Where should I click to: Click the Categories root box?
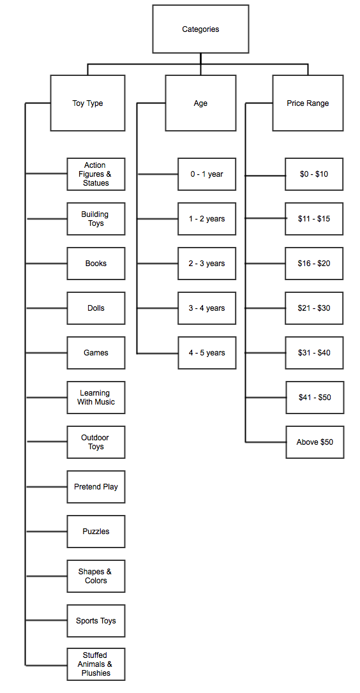coord(200,29)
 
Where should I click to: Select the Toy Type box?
coord(87,103)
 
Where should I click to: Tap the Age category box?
coord(200,103)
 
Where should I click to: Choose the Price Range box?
coord(308,103)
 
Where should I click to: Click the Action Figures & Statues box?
coord(96,174)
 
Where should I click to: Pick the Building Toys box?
coord(96,219)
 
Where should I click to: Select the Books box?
coord(96,264)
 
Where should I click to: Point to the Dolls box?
coord(96,308)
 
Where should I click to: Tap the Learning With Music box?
coord(96,398)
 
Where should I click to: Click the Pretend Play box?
coord(96,487)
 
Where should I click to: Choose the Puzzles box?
coord(96,532)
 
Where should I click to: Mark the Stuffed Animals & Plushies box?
coord(96,664)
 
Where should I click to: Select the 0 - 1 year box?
coord(207,174)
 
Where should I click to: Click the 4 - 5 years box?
coord(207,353)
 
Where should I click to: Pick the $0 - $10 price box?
coord(314,174)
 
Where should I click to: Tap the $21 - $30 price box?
coord(314,308)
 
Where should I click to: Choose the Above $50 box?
coord(314,442)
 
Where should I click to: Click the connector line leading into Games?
coord(47,353)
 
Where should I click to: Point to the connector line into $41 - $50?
coord(266,398)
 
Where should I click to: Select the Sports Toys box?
coord(96,621)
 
